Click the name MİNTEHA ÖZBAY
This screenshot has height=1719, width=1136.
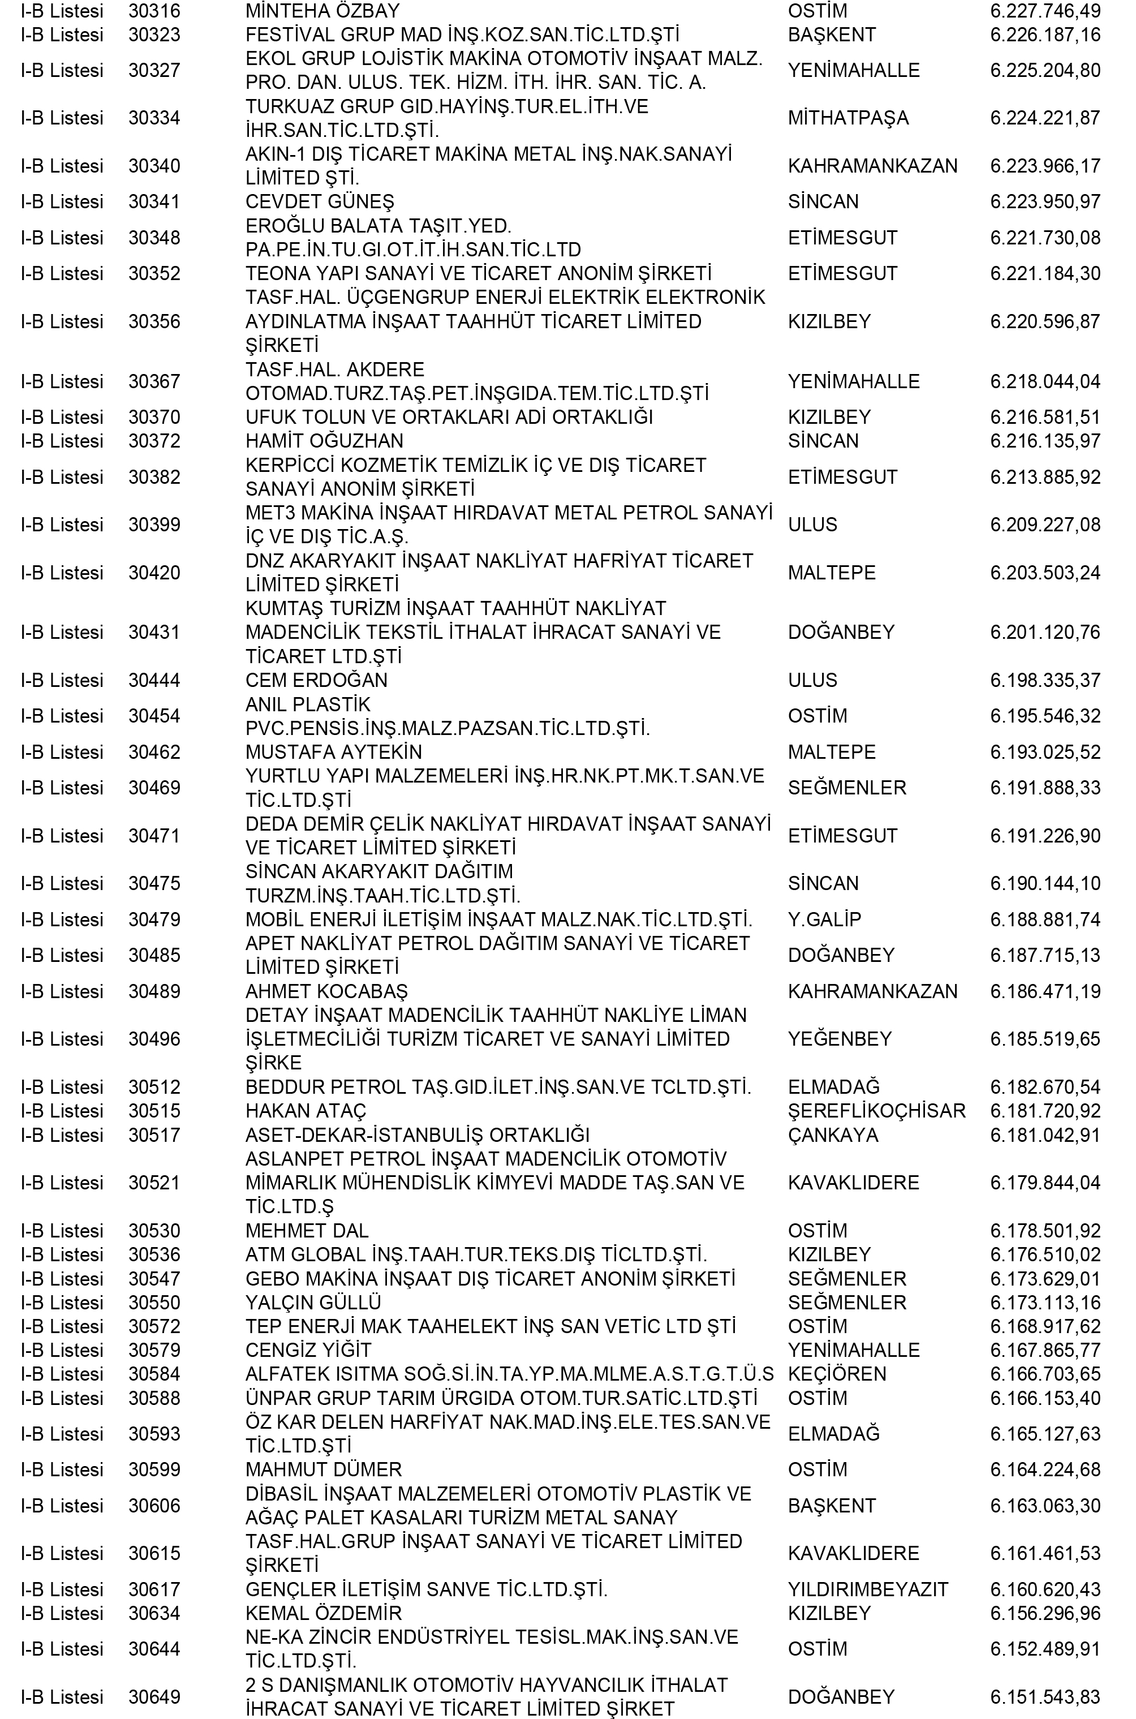click(322, 11)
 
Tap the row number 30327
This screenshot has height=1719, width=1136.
click(154, 71)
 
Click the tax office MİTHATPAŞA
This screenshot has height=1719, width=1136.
click(847, 119)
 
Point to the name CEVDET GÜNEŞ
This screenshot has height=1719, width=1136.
click(320, 202)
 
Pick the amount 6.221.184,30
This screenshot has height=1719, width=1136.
click(1045, 274)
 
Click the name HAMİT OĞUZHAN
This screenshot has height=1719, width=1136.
click(324, 441)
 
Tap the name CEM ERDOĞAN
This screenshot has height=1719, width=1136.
click(316, 680)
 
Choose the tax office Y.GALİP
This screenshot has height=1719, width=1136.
click(824, 920)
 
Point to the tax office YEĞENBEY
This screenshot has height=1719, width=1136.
click(839, 1039)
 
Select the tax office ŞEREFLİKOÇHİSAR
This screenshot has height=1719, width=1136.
click(876, 1111)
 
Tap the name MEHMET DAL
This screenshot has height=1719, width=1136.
click(307, 1231)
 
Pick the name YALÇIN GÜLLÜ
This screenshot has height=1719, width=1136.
click(313, 1303)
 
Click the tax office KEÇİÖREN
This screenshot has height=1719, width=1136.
click(836, 1374)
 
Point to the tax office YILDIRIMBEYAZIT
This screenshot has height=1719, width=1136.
click(868, 1589)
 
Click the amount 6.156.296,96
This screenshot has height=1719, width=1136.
click(1045, 1613)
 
